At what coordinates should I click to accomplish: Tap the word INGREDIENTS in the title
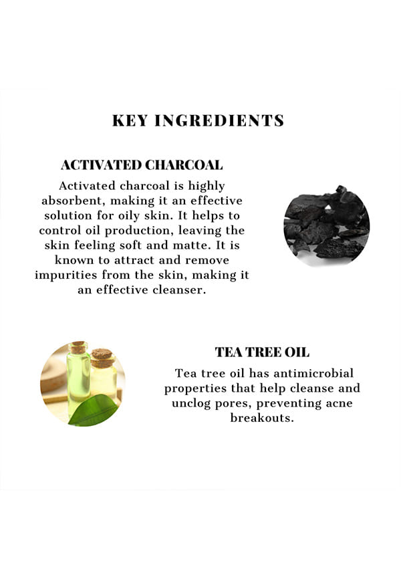[219, 121]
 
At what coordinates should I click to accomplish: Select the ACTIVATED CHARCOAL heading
[142, 165]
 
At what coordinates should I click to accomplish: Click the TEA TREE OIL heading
[262, 352]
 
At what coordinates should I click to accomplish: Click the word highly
[207, 187]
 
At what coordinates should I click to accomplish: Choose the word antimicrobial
[313, 373]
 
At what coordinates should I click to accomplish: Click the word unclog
[192, 403]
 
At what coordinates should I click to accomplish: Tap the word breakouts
[262, 418]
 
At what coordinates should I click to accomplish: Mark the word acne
[339, 403]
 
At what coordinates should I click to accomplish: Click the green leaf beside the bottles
[94, 410]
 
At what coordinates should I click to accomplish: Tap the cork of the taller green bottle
[78, 348]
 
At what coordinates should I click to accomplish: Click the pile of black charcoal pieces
[327, 225]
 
